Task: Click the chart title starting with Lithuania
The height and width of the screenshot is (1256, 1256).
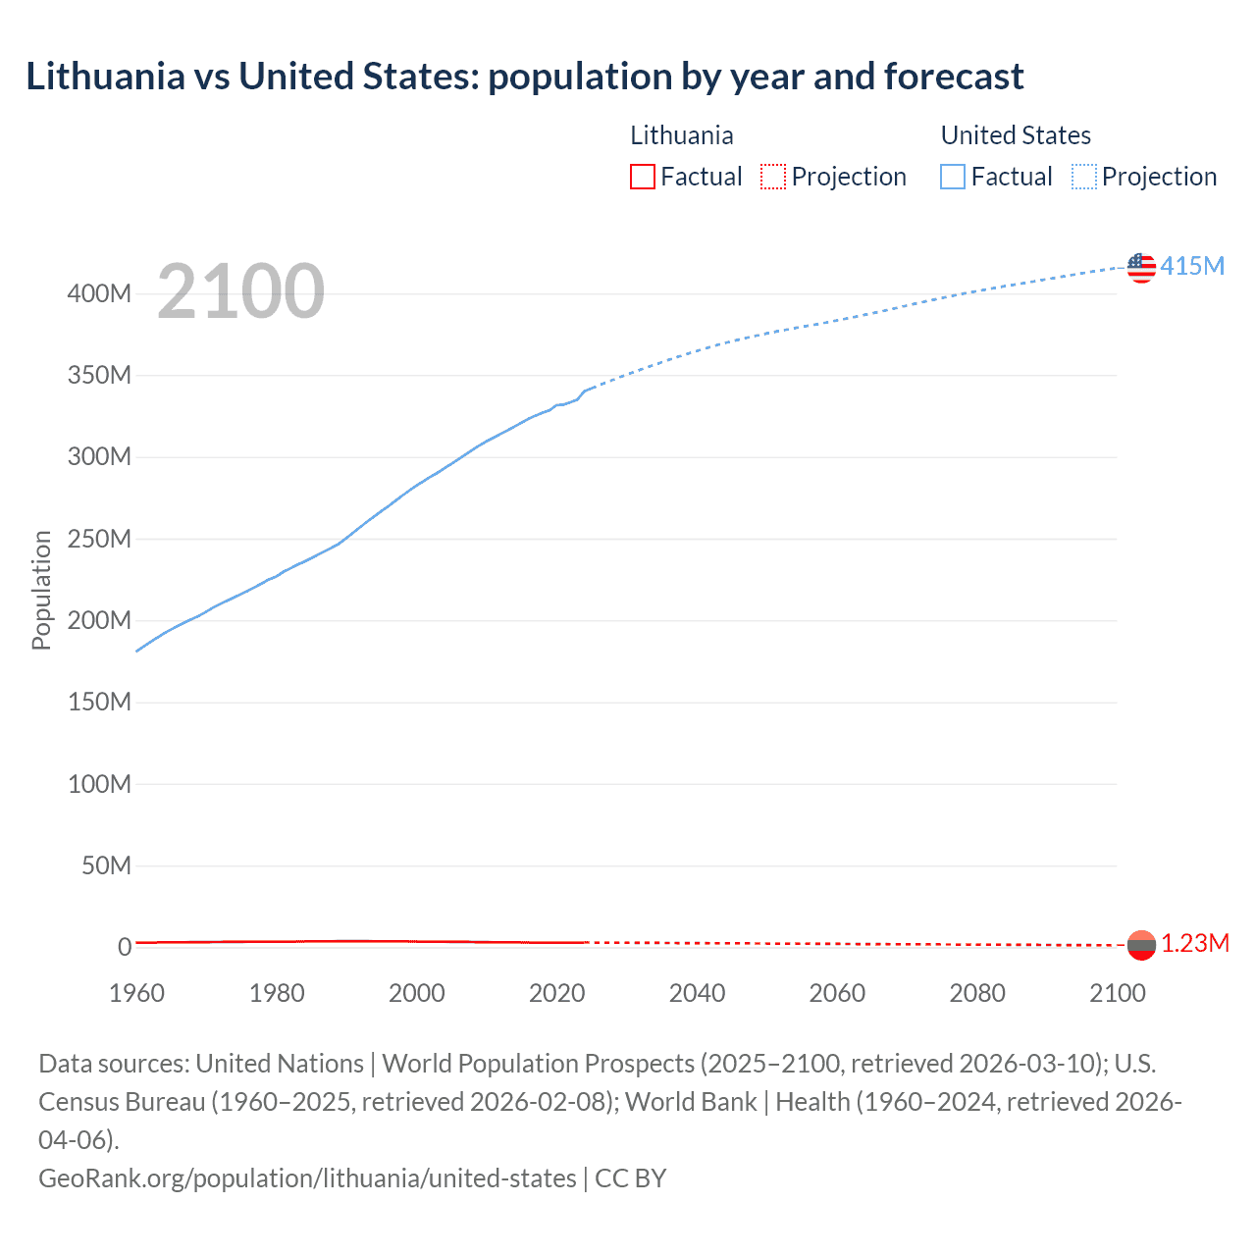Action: (524, 77)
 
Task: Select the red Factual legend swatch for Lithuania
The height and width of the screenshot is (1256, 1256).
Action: (642, 177)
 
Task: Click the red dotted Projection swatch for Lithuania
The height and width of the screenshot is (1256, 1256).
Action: (773, 177)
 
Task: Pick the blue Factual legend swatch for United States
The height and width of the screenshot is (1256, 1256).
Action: (952, 177)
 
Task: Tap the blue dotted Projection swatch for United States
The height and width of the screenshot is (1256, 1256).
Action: (1084, 177)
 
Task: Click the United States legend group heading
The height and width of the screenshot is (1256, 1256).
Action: (1016, 135)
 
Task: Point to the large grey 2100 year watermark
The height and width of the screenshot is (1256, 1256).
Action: (240, 291)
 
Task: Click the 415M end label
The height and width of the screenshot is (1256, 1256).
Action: (1192, 266)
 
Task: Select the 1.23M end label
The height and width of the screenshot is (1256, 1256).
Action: (1195, 943)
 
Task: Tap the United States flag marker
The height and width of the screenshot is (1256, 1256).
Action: (1141, 267)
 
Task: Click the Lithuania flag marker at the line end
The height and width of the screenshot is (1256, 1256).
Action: (1141, 945)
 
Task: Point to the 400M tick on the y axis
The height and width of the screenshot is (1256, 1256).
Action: (99, 293)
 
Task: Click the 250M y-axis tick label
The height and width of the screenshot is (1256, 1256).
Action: (99, 539)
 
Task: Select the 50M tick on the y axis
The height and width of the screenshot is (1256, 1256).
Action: (106, 865)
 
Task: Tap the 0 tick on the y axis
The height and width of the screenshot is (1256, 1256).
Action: (125, 947)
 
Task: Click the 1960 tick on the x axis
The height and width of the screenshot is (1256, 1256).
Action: (136, 993)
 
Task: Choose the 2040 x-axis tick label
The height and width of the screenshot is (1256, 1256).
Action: (697, 993)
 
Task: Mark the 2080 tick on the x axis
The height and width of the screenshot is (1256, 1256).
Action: (977, 993)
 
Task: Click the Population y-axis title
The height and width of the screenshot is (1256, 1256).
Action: (41, 590)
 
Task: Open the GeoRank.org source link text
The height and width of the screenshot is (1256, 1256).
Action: (307, 1177)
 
